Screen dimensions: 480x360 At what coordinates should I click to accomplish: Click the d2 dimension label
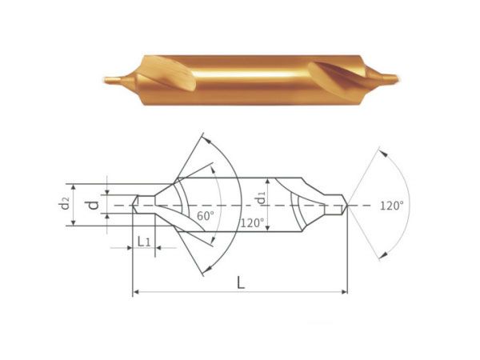coord(65,203)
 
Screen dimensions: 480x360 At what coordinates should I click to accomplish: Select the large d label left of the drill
coord(94,205)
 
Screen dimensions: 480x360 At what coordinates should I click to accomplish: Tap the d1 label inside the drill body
coord(261,198)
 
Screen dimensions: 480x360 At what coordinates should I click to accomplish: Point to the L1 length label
coord(143,242)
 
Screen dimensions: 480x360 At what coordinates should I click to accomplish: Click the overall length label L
coord(241,282)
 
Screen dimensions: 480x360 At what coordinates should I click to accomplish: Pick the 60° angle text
coord(206,216)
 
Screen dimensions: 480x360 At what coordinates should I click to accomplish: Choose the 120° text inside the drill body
coord(252,222)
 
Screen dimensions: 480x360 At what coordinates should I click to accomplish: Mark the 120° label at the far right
coord(392,206)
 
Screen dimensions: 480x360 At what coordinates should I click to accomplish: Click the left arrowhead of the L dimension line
coord(137,292)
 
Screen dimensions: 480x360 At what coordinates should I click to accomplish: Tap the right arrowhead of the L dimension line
coord(344,292)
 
